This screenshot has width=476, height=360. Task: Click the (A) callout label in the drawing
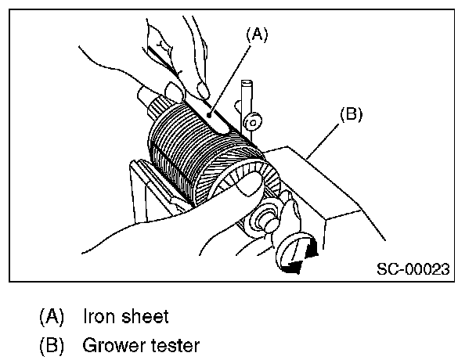click(x=258, y=34)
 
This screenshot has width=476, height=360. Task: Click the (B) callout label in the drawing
click(x=352, y=113)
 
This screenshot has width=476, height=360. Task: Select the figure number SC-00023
click(x=413, y=269)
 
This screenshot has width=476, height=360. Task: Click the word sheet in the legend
click(x=147, y=317)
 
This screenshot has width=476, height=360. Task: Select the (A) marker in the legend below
click(x=52, y=317)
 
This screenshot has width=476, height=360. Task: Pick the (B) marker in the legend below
click(x=52, y=344)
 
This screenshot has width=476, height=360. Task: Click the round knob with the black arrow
click(x=296, y=252)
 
